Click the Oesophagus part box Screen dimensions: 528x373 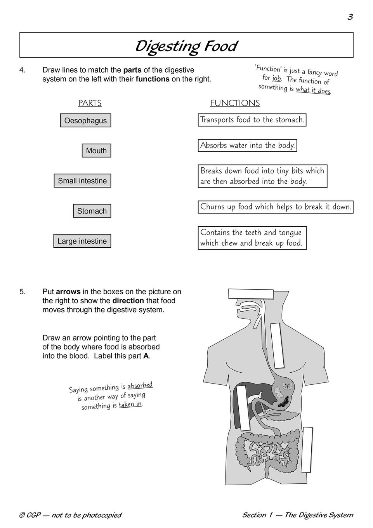(85, 120)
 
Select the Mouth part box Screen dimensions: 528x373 (96, 151)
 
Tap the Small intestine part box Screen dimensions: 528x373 (82, 181)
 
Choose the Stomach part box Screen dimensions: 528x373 (92, 211)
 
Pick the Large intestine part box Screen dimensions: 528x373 (82, 241)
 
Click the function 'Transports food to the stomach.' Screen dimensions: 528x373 (252, 120)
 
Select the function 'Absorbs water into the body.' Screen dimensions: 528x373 (248, 146)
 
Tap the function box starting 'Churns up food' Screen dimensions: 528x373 (276, 207)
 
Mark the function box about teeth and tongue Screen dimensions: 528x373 (252, 238)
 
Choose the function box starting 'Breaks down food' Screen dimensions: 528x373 (262, 176)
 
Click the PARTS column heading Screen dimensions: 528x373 (90, 103)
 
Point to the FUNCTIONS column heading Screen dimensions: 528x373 (235, 103)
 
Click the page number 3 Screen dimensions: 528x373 (350, 17)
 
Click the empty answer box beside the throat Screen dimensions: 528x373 (278, 346)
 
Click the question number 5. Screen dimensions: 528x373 (22, 292)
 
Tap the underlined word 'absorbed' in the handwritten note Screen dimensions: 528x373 (140, 386)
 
